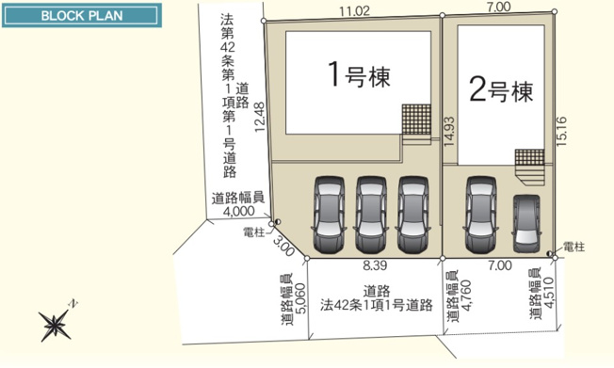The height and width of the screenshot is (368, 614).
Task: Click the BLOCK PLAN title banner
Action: coord(79,17)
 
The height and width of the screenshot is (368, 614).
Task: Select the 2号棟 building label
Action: coord(500,91)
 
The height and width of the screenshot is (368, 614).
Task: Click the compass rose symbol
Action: coord(56,325)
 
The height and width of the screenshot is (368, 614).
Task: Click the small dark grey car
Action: coord(526,222)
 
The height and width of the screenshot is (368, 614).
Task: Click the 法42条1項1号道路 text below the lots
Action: coord(375,305)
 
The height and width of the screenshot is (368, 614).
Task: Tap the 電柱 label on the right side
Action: coord(574,246)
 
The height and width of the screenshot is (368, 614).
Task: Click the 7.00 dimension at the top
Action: coord(499,8)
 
